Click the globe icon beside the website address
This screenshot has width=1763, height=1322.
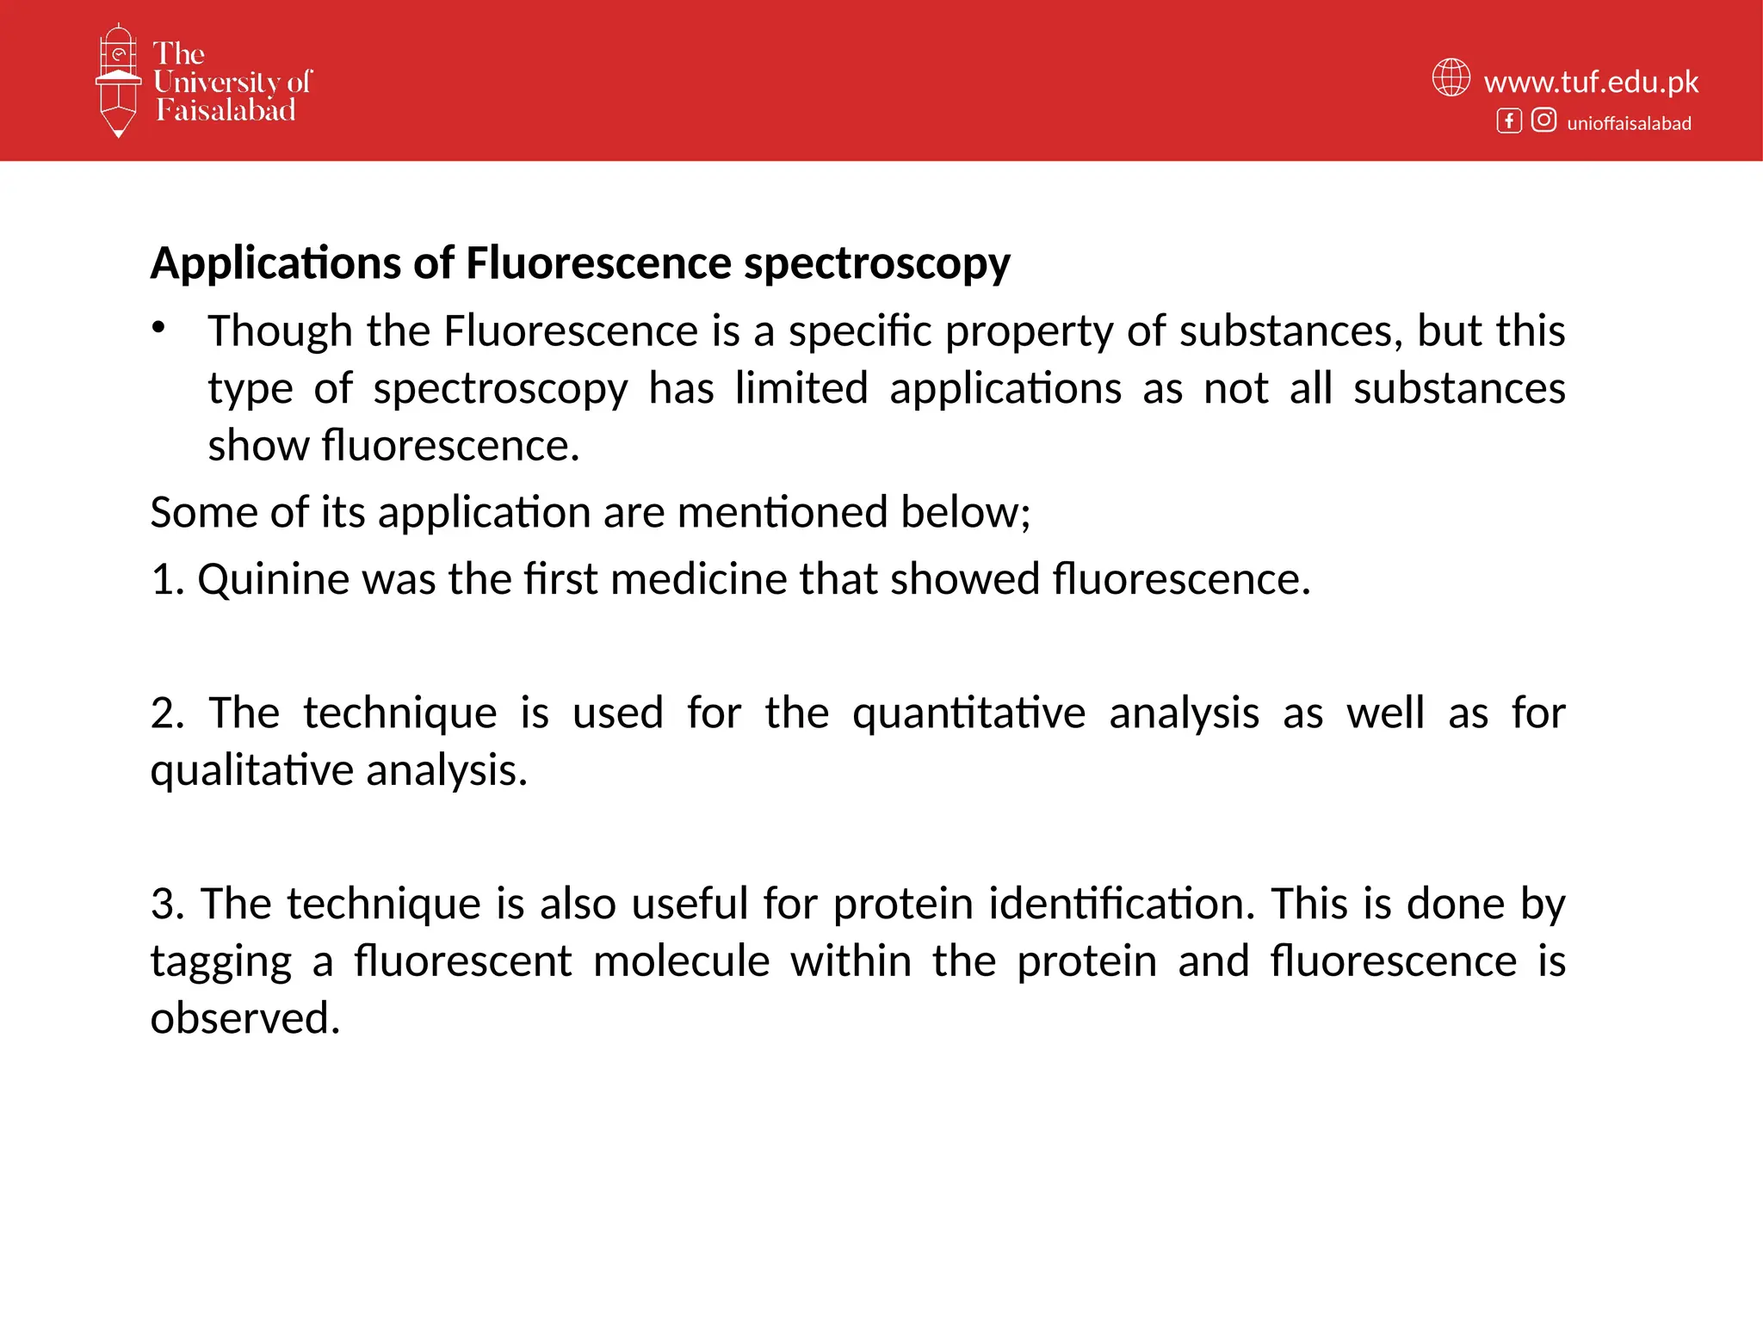tap(1451, 77)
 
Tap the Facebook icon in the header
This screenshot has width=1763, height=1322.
tap(1508, 120)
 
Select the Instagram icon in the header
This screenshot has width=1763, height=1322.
tap(1543, 120)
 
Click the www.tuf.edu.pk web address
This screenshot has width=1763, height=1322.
tap(1591, 82)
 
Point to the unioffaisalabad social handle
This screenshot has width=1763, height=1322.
tap(1629, 123)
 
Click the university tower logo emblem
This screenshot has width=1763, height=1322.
tap(118, 80)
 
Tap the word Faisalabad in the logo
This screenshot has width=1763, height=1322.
tap(226, 110)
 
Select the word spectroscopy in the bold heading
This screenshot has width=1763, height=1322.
tap(876, 263)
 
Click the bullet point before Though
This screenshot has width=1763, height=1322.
tap(158, 328)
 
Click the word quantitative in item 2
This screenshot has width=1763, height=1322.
tap(968, 714)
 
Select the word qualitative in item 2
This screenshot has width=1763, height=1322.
tap(252, 770)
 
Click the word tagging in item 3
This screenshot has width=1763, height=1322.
tap(221, 962)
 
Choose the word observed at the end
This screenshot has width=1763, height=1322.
tap(245, 1018)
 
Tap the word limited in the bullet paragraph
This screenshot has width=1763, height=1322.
tap(801, 388)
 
